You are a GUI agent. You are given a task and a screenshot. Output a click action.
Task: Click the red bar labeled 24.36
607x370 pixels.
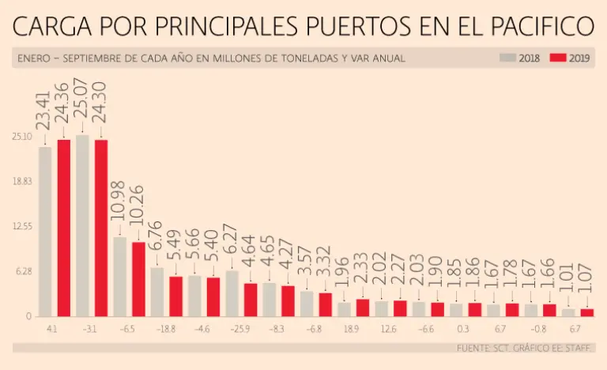pos(64,228)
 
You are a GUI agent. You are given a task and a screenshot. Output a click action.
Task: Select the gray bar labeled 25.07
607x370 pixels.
pos(82,225)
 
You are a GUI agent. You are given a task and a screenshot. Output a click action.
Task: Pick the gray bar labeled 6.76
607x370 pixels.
pos(157,291)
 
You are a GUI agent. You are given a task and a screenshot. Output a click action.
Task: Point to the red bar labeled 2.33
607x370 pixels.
pos(363,307)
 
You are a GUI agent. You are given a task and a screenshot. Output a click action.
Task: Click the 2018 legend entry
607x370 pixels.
pos(520,58)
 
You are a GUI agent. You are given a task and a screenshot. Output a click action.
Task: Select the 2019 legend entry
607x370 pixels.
pos(571,58)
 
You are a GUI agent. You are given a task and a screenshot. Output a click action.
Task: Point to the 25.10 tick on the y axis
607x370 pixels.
pos(21,136)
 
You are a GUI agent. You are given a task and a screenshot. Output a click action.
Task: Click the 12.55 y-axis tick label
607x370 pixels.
pos(21,226)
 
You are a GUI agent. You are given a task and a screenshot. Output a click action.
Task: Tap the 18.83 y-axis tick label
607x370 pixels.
pos(21,181)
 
